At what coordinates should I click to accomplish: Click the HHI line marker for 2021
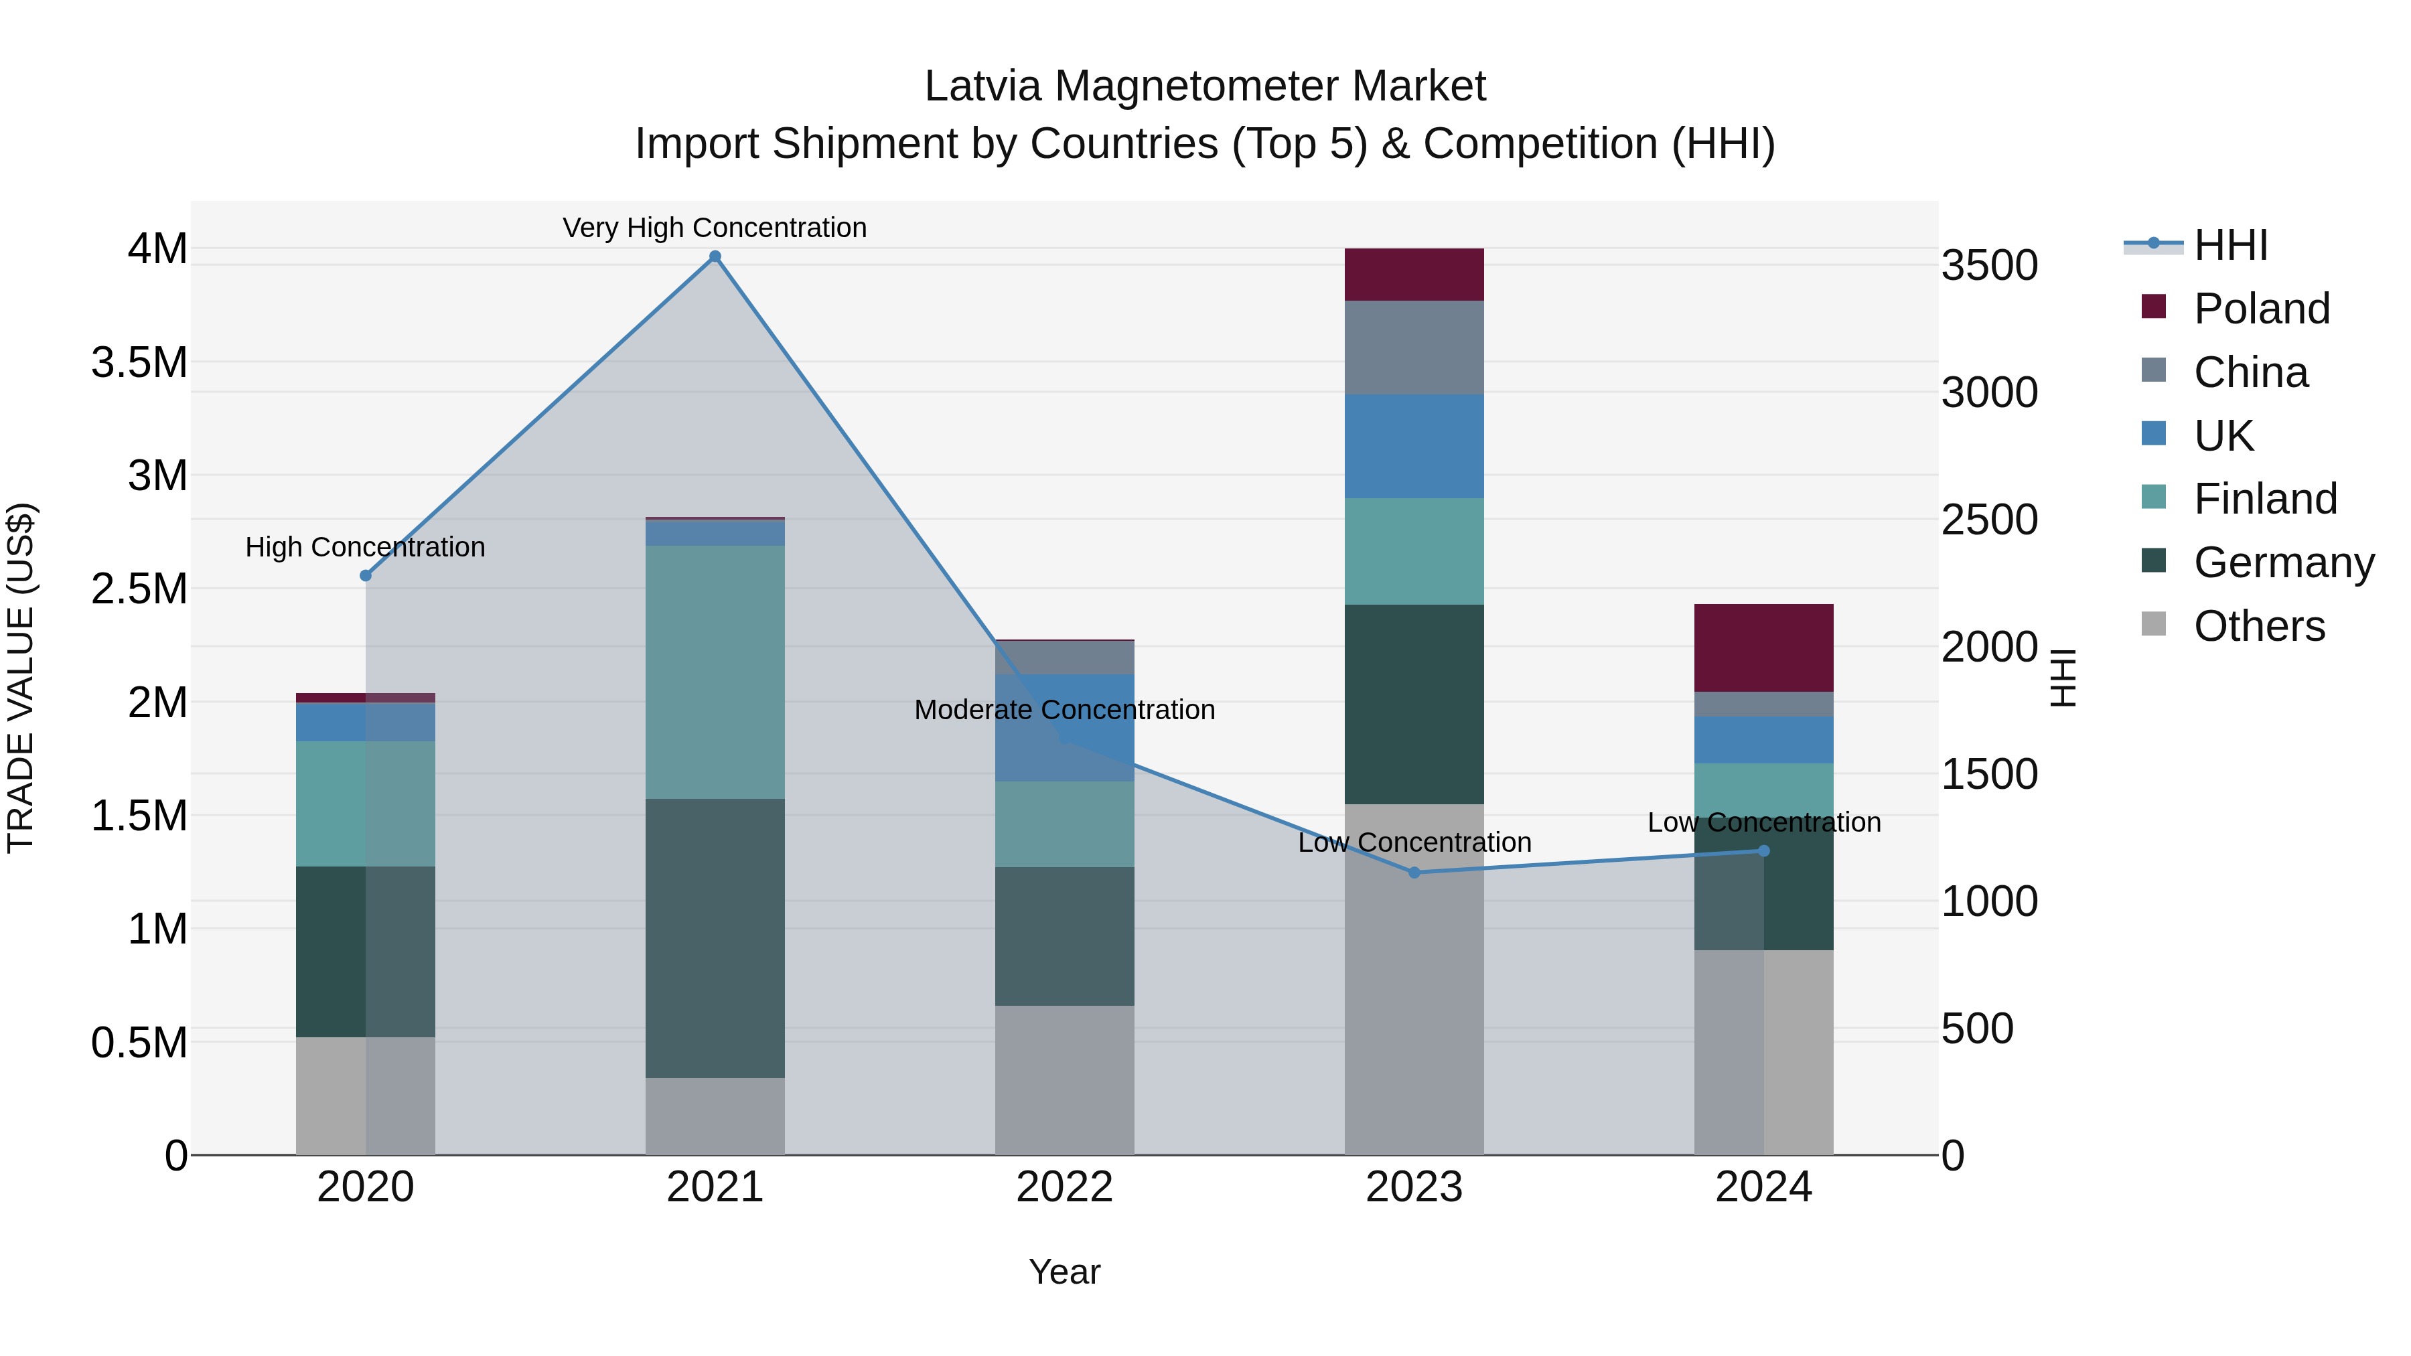pyautogui.click(x=715, y=256)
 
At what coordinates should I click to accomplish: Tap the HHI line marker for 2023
pyautogui.click(x=1414, y=872)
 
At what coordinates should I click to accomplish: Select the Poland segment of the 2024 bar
pyautogui.click(x=1763, y=648)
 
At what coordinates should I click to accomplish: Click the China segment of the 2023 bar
pyautogui.click(x=1414, y=347)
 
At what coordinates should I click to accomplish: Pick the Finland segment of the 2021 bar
pyautogui.click(x=715, y=672)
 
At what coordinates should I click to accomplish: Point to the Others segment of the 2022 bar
pyautogui.click(x=1064, y=1080)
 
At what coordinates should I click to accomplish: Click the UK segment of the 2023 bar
pyautogui.click(x=1414, y=445)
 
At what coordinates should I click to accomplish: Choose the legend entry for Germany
pyautogui.click(x=2283, y=562)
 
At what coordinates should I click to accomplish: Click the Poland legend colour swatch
pyautogui.click(x=2154, y=307)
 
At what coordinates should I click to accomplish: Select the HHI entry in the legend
pyautogui.click(x=2230, y=245)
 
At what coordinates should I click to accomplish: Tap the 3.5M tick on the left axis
pyautogui.click(x=139, y=362)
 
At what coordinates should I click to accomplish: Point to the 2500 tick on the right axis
pyautogui.click(x=1989, y=520)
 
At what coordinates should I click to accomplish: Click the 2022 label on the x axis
pyautogui.click(x=1064, y=1187)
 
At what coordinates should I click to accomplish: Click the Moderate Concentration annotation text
pyautogui.click(x=1064, y=709)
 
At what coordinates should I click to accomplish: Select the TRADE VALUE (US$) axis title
pyautogui.click(x=21, y=678)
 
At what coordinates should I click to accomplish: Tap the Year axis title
pyautogui.click(x=1064, y=1272)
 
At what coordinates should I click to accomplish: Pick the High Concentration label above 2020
pyautogui.click(x=365, y=546)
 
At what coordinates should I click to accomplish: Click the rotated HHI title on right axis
pyautogui.click(x=2063, y=678)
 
